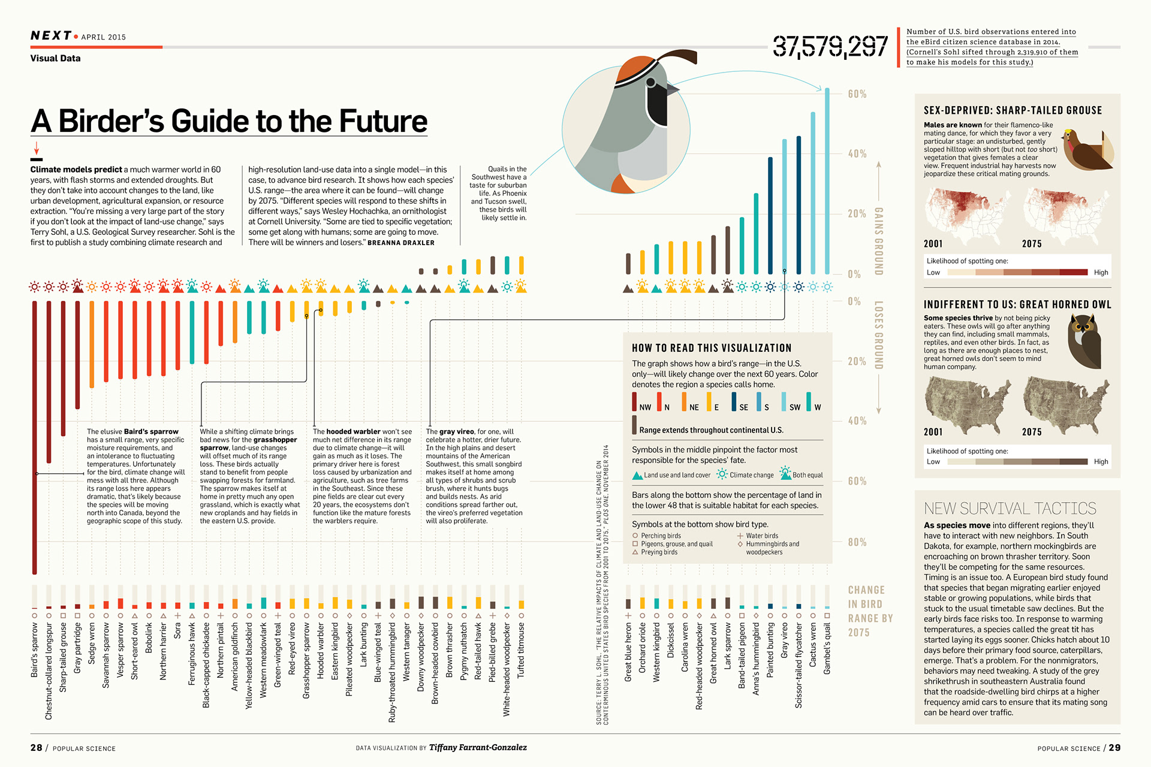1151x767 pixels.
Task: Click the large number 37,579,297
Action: point(830,46)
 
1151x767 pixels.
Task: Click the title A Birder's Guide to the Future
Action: point(229,121)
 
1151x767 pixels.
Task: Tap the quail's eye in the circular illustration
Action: point(651,83)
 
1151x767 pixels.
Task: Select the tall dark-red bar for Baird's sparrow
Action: point(35,437)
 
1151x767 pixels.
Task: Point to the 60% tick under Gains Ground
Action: point(857,94)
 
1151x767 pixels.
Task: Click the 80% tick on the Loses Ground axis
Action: point(857,542)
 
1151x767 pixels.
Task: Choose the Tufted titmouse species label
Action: point(521,651)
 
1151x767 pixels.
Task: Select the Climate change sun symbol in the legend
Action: point(722,475)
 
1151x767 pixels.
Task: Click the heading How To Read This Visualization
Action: point(712,348)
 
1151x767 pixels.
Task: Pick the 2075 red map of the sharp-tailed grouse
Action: point(1067,213)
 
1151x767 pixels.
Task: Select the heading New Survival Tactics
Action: point(1010,509)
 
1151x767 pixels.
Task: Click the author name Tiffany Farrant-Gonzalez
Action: point(478,747)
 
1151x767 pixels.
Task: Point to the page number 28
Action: point(37,748)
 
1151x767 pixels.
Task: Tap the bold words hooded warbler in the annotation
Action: point(353,431)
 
